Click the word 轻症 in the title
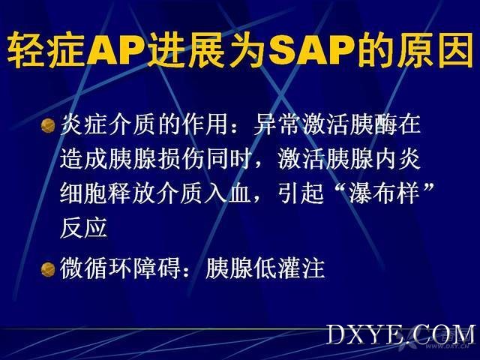[46, 50]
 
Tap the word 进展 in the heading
[185, 50]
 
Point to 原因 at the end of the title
[435, 50]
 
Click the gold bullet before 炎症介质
[48, 125]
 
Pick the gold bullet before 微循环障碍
[48, 269]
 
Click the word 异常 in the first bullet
[276, 124]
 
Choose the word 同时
[228, 159]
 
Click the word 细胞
[83, 193]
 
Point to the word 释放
[132, 193]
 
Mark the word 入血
[228, 193]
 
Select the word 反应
[83, 228]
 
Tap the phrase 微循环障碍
[120, 268]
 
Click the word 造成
[83, 159]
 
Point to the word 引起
[301, 193]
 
